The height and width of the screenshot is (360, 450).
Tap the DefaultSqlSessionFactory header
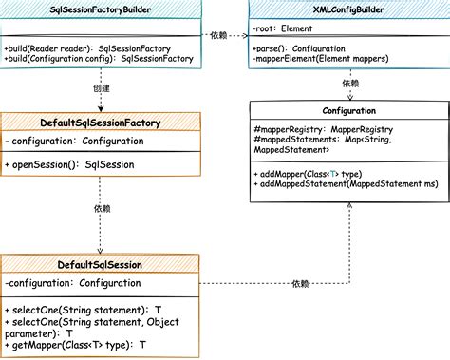pos(101,123)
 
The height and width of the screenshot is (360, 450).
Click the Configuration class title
pos(349,110)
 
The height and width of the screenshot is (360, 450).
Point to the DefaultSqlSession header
pos(101,263)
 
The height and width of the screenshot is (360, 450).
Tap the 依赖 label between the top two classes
pos(219,35)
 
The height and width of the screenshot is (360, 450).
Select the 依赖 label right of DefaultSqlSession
pos(300,283)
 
